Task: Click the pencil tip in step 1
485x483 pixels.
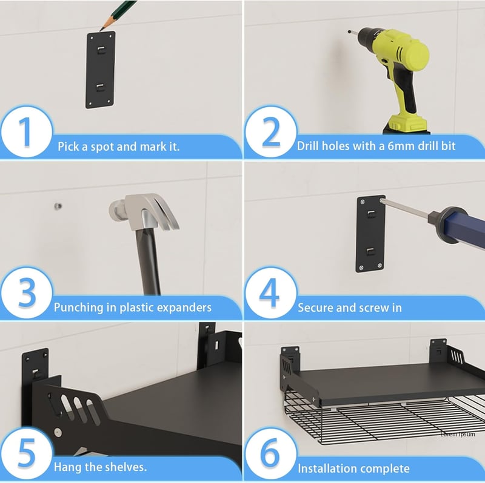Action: pos(100,30)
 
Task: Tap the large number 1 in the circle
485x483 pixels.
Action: pos(25,132)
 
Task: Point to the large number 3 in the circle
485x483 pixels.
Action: pos(27,292)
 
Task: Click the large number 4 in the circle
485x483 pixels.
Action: pos(269,292)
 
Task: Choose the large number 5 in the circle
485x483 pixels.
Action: pos(27,453)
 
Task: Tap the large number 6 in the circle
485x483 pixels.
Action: pos(270,453)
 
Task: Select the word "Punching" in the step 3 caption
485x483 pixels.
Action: pos(79,307)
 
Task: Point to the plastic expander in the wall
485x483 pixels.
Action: pos(58,206)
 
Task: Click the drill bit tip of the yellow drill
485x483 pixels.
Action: pos(350,31)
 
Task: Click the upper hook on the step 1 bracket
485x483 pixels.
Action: pos(101,50)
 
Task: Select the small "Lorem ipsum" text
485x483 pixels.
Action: pos(458,434)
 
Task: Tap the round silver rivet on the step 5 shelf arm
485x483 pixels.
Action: pos(58,432)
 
